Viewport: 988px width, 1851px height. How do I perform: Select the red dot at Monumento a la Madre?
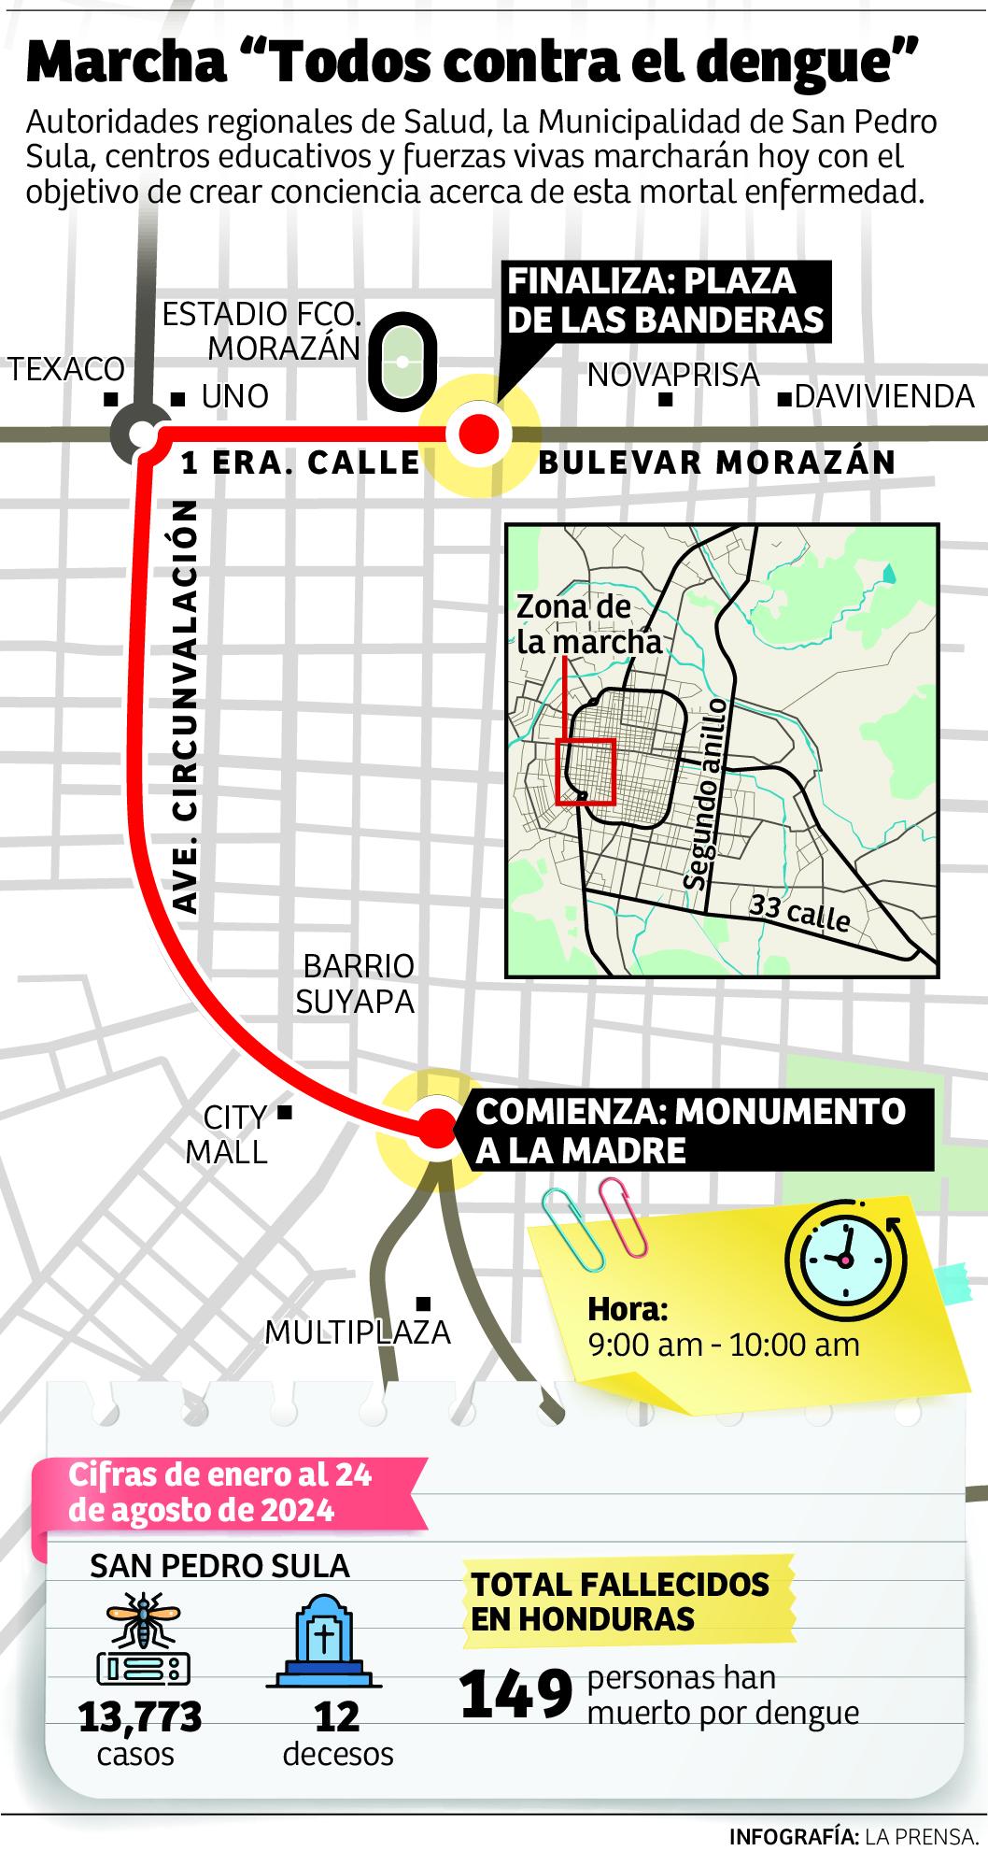(435, 1129)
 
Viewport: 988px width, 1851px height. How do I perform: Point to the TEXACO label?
(67, 369)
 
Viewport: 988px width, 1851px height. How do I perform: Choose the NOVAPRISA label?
(672, 375)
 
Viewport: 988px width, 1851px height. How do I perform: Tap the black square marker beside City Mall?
(286, 1112)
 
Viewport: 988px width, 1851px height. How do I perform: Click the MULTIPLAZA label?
(358, 1331)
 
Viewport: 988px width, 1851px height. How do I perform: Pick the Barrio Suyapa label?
(355, 983)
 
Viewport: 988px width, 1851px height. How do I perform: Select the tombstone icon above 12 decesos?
(322, 1637)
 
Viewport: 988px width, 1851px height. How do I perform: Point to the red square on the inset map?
(585, 771)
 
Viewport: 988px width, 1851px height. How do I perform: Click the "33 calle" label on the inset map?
(800, 914)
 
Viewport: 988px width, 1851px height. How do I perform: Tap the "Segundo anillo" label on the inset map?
(705, 793)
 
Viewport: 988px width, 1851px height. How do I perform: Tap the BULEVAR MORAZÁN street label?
(717, 462)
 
